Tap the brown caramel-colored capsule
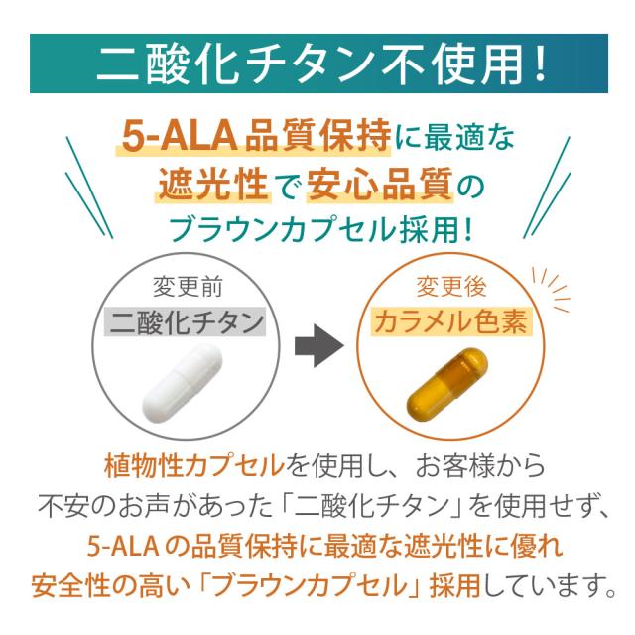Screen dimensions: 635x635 coord(447,379)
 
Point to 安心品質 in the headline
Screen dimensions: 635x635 coord(373,183)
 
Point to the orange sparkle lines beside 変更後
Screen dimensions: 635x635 coord(549,283)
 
